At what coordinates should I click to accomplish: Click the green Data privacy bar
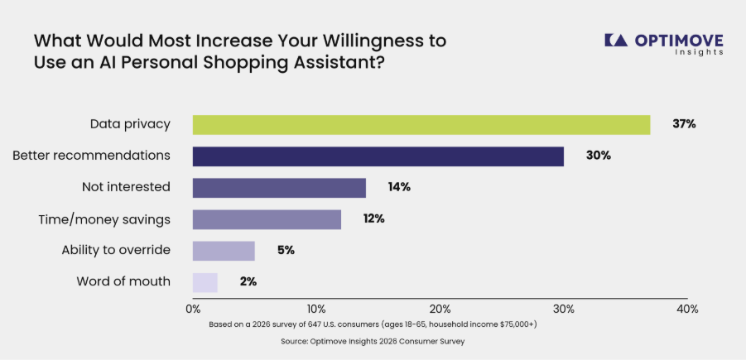pos(421,125)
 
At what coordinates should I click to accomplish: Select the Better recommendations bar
pos(378,156)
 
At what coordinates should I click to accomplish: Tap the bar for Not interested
pos(279,188)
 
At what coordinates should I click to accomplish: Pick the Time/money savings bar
pos(267,219)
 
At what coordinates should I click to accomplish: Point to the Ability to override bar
pos(224,251)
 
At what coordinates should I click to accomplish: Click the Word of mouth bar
pos(205,282)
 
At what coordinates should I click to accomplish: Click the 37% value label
pos(684,124)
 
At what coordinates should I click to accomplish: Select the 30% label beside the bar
pos(598,156)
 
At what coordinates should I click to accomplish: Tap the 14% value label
pos(399,187)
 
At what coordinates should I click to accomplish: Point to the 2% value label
pos(248,281)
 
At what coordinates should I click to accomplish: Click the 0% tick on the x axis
pos(193,310)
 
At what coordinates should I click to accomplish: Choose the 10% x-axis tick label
pos(316,310)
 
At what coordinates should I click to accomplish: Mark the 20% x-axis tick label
pos(440,310)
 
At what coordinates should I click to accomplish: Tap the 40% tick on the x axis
pos(687,310)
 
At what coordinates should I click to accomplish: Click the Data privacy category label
pos(130,125)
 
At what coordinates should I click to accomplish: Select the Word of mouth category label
pos(123,281)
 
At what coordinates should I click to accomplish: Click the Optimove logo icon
pos(616,40)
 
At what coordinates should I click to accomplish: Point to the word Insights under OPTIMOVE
pos(700,52)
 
